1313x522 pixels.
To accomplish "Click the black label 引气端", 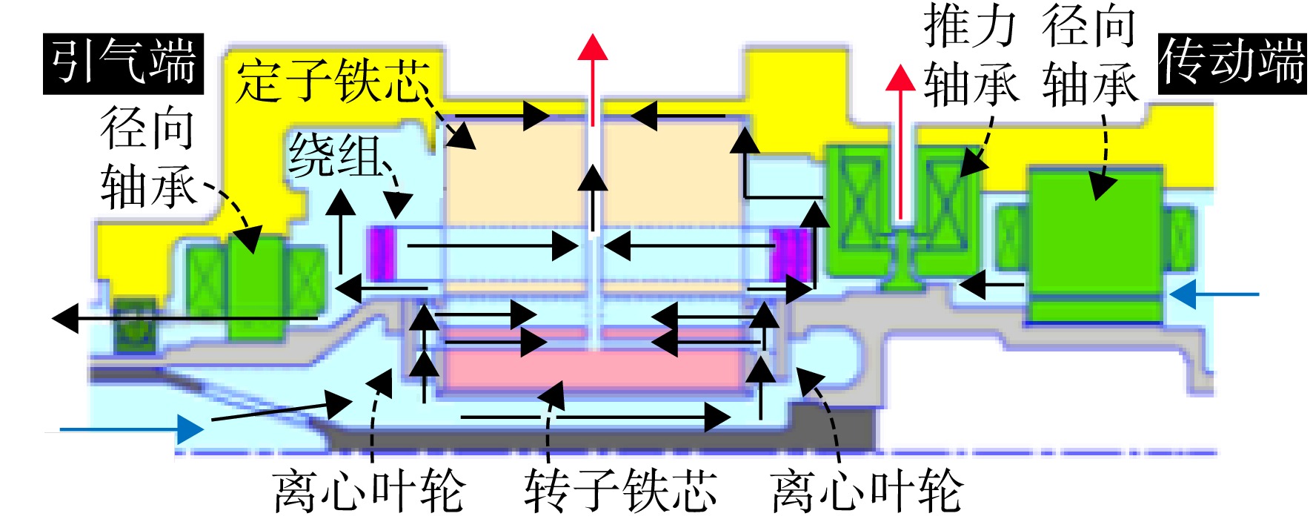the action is (123, 63).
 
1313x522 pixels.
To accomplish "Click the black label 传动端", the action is (1231, 64).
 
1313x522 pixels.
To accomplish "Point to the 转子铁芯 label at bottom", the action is (621, 490).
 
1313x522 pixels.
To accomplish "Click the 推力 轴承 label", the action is (971, 56).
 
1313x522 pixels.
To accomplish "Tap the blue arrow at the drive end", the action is (1214, 294).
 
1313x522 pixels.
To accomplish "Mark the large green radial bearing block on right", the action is (1095, 245).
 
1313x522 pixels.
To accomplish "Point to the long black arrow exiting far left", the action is (185, 319).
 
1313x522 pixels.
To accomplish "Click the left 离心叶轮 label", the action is (368, 490).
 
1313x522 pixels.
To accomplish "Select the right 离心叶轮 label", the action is (866, 490).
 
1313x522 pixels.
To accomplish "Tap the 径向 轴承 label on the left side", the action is (148, 157).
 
